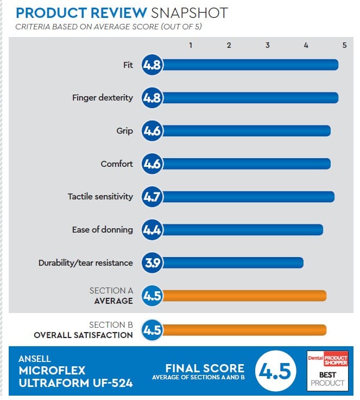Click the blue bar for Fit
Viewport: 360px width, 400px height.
pyautogui.click(x=250, y=65)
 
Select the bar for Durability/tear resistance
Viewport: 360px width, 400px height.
pyautogui.click(x=232, y=263)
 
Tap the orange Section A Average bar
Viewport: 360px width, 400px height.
pyautogui.click(x=244, y=296)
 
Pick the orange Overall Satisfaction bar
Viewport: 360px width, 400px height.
pyautogui.click(x=244, y=330)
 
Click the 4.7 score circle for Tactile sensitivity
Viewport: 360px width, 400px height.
pyautogui.click(x=152, y=197)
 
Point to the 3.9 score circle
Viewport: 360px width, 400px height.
pyautogui.click(x=152, y=263)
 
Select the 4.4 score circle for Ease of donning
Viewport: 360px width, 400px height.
pyautogui.click(x=152, y=230)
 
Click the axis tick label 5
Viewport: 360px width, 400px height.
pyautogui.click(x=344, y=46)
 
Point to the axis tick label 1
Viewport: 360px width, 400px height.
pyautogui.click(x=191, y=46)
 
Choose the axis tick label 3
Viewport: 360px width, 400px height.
pyautogui.click(x=268, y=46)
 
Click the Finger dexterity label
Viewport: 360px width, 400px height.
pyautogui.click(x=102, y=98)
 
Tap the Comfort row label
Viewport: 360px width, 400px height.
pyautogui.click(x=117, y=164)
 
